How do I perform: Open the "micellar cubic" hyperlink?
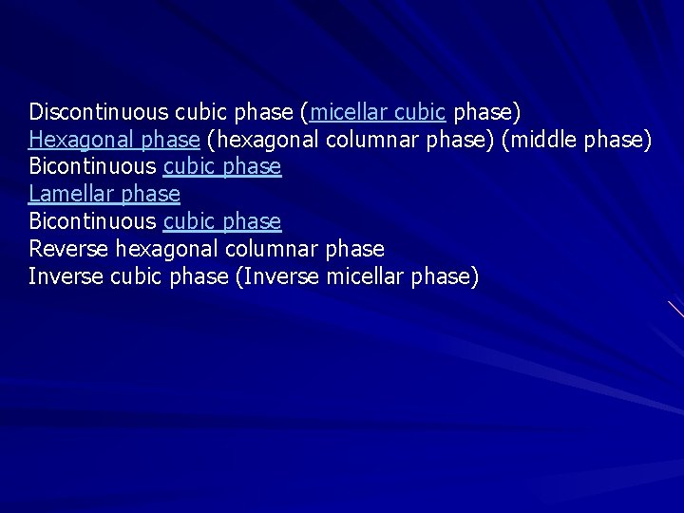point(378,112)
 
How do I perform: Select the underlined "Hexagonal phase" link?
point(114,140)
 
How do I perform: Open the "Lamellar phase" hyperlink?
point(104,195)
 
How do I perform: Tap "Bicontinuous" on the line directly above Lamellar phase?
point(92,167)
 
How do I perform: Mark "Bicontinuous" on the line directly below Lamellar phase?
point(92,222)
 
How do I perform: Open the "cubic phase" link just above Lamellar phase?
point(222,167)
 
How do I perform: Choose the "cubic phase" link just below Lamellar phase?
point(222,222)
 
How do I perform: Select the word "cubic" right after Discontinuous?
point(196,112)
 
